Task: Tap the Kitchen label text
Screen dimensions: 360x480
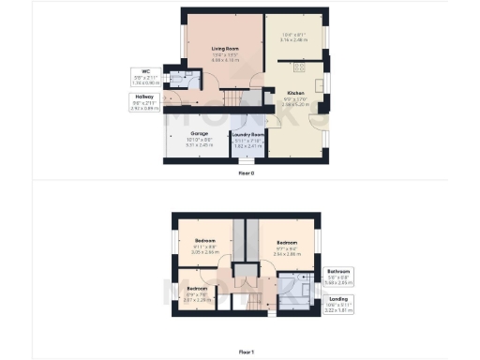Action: pyautogui.click(x=296, y=94)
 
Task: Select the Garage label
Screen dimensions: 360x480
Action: pyautogui.click(x=200, y=134)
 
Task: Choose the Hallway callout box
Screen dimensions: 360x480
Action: pyautogui.click(x=143, y=101)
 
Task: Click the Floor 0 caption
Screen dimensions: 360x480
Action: pyautogui.click(x=246, y=172)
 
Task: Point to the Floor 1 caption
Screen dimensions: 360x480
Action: pyautogui.click(x=246, y=351)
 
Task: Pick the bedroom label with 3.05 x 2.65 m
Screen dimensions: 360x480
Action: pyautogui.click(x=204, y=252)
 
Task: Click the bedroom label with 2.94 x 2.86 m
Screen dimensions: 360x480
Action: pyautogui.click(x=286, y=254)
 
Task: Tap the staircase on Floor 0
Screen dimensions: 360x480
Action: pyautogui.click(x=242, y=97)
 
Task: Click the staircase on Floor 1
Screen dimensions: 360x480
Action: pyautogui.click(x=250, y=299)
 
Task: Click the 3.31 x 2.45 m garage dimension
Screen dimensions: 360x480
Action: pyautogui.click(x=200, y=145)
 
